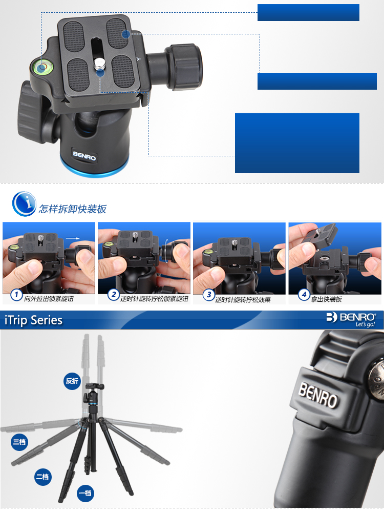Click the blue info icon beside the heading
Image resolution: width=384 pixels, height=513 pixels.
coord(24,204)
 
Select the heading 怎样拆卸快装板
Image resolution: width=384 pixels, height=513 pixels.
coord(73,209)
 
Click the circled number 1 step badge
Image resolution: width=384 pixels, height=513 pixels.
coord(16,295)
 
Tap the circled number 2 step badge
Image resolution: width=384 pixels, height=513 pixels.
coord(113,295)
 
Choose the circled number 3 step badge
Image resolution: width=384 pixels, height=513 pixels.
coord(209,295)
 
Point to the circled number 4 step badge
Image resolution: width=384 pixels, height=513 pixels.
coord(304,295)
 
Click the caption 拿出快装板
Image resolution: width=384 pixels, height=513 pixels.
coord(326,299)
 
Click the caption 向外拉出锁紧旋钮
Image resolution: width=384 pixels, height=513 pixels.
coord(49,299)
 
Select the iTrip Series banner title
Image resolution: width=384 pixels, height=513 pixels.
coord(33,320)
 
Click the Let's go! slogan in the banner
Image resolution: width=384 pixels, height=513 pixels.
coord(365,324)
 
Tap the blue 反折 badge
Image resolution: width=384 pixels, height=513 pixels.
coord(72,381)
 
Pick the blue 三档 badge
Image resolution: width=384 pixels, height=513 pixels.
coord(19,442)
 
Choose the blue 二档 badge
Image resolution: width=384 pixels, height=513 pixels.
coord(43,477)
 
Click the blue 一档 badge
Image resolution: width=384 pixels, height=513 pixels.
coord(86,493)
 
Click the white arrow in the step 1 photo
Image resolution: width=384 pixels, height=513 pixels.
coord(72,238)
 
